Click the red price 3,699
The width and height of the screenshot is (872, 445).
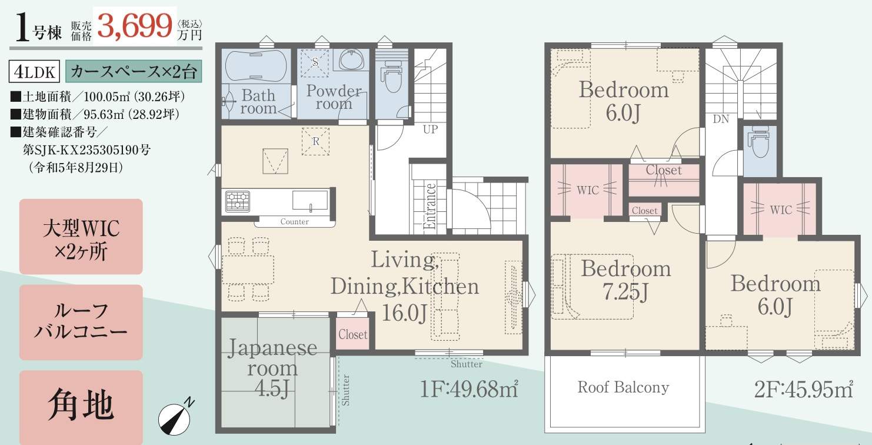tap(135, 26)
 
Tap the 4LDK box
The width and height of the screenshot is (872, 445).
tap(34, 71)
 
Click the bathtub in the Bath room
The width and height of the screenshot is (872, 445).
tap(256, 66)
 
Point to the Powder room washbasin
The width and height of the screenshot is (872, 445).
tap(351, 60)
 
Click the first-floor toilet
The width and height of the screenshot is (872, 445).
tap(392, 75)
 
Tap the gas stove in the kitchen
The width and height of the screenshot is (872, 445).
tap(238, 201)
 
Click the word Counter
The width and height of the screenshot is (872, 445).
tap(294, 221)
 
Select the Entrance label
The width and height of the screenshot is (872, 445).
tap(430, 206)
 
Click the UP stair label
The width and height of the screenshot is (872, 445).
tap(430, 129)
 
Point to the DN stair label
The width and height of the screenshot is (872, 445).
tap(721, 119)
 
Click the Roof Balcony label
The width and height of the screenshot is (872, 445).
tap(623, 387)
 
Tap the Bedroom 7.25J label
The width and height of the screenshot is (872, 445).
tap(626, 280)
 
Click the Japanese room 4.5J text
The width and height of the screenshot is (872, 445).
tap(272, 368)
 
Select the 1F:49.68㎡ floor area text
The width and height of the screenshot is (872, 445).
tap(469, 388)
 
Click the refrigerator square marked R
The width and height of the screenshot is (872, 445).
tap(316, 141)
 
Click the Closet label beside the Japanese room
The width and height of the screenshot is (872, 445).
tap(352, 334)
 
